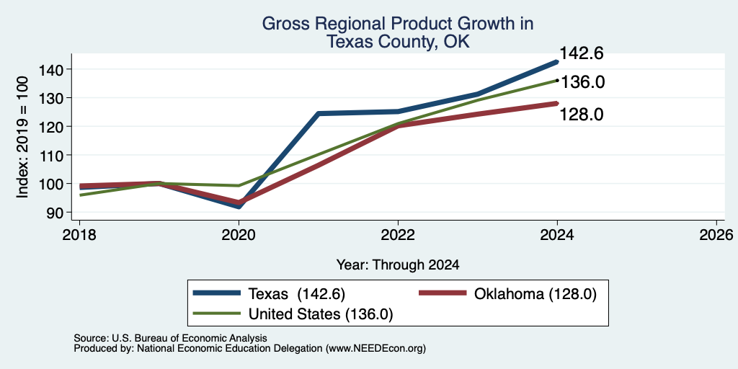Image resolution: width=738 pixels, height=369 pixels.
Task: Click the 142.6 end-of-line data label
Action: tap(581, 53)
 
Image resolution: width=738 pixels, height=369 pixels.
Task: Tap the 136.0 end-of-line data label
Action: tap(582, 82)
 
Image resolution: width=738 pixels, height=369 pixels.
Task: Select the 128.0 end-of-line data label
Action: tap(582, 115)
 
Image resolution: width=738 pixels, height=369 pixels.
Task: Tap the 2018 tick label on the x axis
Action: tap(79, 235)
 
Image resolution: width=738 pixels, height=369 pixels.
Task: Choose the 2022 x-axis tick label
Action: tap(398, 235)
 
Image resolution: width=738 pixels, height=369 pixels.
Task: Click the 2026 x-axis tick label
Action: tap(716, 235)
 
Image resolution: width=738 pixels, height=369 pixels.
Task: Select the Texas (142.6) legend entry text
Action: tap(297, 294)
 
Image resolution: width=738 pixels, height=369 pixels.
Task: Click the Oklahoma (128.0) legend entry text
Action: tap(535, 294)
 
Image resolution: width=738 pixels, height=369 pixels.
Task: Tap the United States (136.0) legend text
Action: tap(321, 314)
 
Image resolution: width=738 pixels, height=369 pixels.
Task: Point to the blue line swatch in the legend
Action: tap(217, 293)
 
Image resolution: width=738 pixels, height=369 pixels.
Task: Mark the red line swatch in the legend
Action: tap(443, 293)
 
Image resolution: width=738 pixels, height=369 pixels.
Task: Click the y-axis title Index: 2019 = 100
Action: tap(22, 138)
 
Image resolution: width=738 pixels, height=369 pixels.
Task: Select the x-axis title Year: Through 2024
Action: tap(398, 265)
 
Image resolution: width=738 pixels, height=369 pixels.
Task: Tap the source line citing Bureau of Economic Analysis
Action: tap(170, 338)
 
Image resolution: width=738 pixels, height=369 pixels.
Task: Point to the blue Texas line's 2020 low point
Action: tap(239, 205)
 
